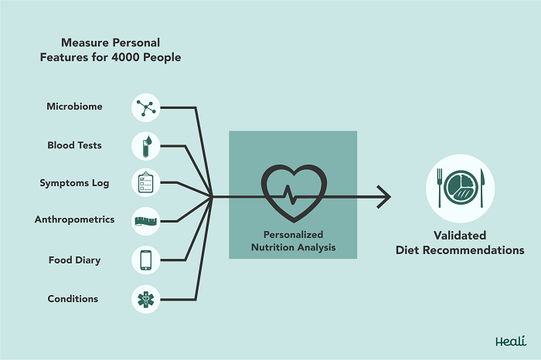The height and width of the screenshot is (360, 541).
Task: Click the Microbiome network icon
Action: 146,107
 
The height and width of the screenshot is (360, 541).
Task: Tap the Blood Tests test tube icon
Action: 146,146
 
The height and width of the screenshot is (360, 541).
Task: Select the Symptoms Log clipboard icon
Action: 145,182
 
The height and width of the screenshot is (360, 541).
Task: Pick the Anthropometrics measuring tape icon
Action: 145,221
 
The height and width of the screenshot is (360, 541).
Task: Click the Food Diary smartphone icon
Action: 146,260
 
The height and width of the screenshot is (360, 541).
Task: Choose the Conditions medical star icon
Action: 146,299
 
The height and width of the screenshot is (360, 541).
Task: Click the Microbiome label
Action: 74,106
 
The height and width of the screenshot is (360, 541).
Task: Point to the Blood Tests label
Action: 74,145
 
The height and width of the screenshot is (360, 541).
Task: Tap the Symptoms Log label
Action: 74,183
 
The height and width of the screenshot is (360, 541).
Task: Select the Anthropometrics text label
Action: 74,219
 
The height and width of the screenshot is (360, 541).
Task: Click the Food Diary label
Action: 74,260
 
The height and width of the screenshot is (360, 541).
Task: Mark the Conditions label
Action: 73,299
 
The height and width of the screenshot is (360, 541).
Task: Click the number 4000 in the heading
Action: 125,57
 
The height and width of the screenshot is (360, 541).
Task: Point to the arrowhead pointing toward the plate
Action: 385,197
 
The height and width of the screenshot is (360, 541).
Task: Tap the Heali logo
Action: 511,341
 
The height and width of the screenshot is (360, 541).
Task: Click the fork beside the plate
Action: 440,188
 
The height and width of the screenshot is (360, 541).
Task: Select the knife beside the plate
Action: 482,188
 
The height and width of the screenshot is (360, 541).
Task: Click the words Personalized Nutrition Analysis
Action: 293,241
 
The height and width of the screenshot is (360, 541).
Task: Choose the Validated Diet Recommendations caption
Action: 460,243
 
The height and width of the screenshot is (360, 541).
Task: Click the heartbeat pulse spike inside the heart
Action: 290,195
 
